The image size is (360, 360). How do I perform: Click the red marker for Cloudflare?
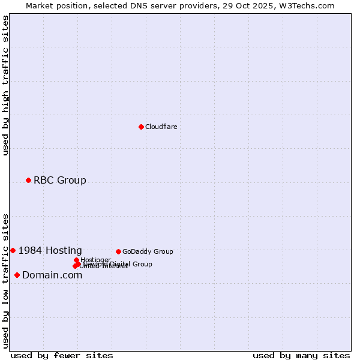[x=141, y=127]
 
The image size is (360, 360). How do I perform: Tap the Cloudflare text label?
[x=161, y=127]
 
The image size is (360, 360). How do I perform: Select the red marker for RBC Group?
[x=28, y=180]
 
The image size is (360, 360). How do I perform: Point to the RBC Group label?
[x=59, y=180]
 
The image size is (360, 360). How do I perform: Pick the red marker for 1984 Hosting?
[x=13, y=250]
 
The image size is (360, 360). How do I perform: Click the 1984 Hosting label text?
[x=50, y=251]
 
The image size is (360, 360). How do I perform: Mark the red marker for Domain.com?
[x=17, y=275]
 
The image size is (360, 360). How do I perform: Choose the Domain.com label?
[x=52, y=275]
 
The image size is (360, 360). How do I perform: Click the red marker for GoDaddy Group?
[x=118, y=251]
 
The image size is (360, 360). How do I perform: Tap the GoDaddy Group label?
[x=148, y=252]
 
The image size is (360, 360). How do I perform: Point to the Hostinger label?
[x=95, y=260]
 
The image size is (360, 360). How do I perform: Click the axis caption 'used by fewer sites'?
[x=62, y=355]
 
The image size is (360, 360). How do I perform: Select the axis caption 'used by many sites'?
[x=301, y=355]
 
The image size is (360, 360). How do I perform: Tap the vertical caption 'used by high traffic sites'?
[x=6, y=85]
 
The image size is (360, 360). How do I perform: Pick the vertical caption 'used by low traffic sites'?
[x=6, y=280]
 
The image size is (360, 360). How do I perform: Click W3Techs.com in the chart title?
[x=309, y=5]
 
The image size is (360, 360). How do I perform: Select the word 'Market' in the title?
[x=40, y=5]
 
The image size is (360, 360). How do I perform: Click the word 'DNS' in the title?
[x=137, y=5]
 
